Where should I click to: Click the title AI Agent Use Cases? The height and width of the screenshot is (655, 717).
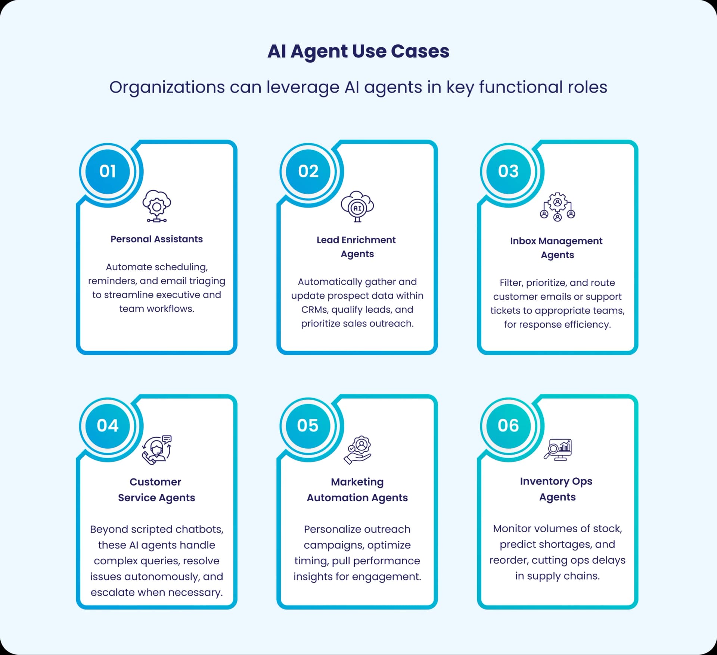point(358,51)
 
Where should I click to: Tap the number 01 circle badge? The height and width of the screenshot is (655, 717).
point(108,172)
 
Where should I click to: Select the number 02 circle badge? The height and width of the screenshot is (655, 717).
point(308,172)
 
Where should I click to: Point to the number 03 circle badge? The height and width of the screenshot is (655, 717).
point(508,172)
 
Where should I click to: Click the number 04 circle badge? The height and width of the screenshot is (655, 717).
point(108,426)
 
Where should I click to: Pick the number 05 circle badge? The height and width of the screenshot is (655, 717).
point(308,426)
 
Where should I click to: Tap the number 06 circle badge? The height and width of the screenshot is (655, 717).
point(508,426)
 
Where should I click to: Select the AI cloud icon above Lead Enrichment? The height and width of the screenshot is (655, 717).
point(357,206)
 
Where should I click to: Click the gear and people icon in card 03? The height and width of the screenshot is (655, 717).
point(558,207)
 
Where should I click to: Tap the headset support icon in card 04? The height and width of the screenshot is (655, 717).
point(157,450)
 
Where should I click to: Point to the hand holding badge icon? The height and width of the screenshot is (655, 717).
point(357,450)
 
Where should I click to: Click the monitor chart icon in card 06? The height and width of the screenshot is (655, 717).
point(558,449)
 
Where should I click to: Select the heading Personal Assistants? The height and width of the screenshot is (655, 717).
point(156,239)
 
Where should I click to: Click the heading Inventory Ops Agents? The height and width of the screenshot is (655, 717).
point(557,489)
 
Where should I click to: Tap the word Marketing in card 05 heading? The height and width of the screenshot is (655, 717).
point(357,482)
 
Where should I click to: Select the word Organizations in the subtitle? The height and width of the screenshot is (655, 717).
point(167,88)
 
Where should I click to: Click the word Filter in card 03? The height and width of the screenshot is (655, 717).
point(511,283)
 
